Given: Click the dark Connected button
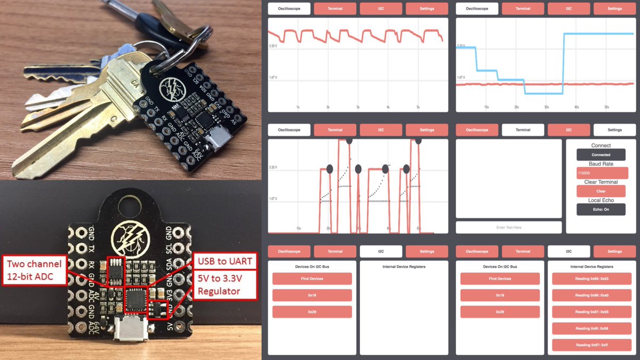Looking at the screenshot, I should pyautogui.click(x=601, y=155).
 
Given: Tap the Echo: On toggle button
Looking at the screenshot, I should pyautogui.click(x=601, y=210).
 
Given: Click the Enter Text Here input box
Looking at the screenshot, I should pyautogui.click(x=509, y=227).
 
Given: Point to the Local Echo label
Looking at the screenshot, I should pyautogui.click(x=601, y=201).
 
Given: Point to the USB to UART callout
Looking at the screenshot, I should pyautogui.click(x=224, y=261).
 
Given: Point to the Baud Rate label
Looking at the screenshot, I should pyautogui.click(x=601, y=164).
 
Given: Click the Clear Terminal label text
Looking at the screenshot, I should pyautogui.click(x=601, y=182).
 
